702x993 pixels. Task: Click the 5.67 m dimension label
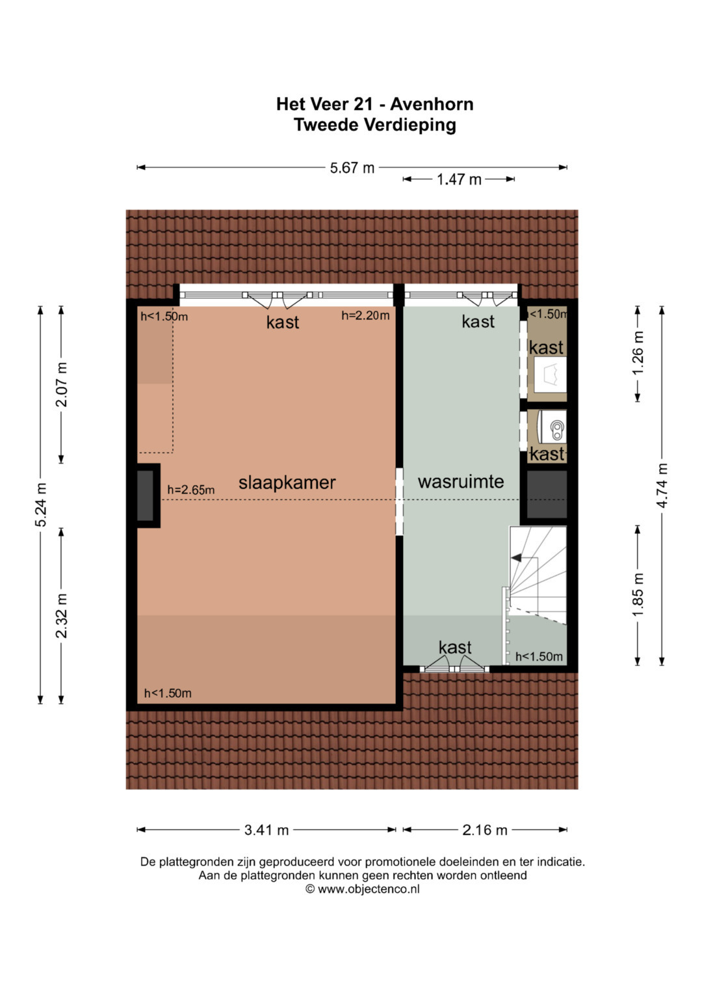click(x=352, y=168)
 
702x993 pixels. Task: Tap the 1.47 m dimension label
click(x=459, y=179)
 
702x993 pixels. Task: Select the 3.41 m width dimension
click(x=266, y=829)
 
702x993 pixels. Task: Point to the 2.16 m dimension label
click(x=485, y=829)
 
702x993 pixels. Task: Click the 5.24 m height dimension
click(x=41, y=505)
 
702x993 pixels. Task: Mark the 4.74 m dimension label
click(x=662, y=485)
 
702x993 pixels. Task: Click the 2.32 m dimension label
click(x=61, y=616)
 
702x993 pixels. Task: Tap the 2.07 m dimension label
click(x=61, y=384)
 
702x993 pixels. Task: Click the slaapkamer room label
click(x=287, y=483)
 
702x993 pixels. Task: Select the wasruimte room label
click(x=461, y=481)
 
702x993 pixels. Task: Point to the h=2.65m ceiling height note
click(x=191, y=490)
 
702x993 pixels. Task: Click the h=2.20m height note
click(x=365, y=315)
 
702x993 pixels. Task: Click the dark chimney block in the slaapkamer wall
click(x=146, y=496)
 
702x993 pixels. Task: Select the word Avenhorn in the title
click(x=432, y=104)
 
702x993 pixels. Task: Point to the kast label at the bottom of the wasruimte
click(x=455, y=648)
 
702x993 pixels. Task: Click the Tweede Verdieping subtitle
click(x=375, y=125)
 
